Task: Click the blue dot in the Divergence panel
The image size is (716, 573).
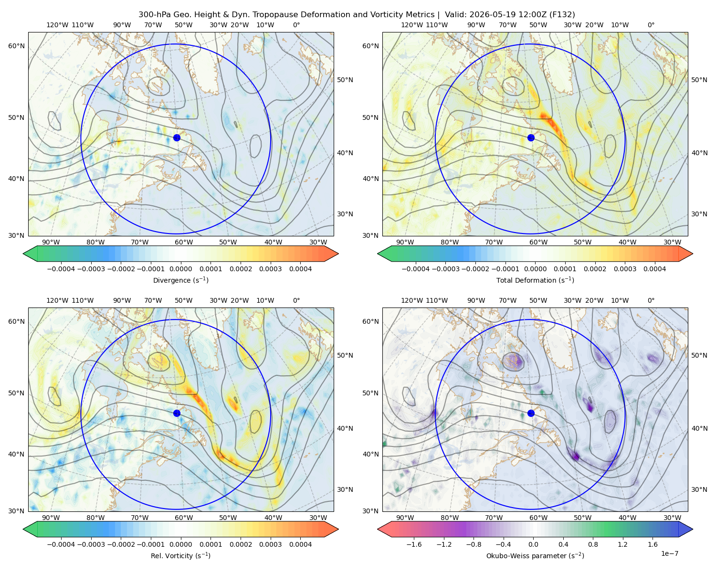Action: pyautogui.click(x=177, y=138)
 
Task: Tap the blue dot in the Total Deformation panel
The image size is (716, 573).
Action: pyautogui.click(x=531, y=138)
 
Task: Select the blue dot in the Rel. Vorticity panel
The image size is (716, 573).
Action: pyautogui.click(x=177, y=413)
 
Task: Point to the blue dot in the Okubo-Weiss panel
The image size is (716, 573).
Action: pyautogui.click(x=531, y=413)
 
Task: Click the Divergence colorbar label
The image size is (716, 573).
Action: pyautogui.click(x=180, y=280)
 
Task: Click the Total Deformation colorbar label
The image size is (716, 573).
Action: pyautogui.click(x=535, y=280)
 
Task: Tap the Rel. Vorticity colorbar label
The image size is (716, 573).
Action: pyautogui.click(x=180, y=556)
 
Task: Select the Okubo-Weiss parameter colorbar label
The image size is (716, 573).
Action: pyautogui.click(x=535, y=556)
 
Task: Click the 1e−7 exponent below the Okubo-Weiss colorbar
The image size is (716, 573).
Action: pyautogui.click(x=669, y=553)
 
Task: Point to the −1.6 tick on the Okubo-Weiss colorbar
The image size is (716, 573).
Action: pyautogui.click(x=414, y=544)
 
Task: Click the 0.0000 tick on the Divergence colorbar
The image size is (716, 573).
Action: pyautogui.click(x=180, y=269)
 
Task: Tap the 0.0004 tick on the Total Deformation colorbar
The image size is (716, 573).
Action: pyautogui.click(x=655, y=269)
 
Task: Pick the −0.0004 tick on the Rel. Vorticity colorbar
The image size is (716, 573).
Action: pyautogui.click(x=61, y=544)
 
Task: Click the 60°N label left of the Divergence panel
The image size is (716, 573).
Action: pyautogui.click(x=16, y=46)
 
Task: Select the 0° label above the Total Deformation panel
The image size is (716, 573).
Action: pyautogui.click(x=651, y=25)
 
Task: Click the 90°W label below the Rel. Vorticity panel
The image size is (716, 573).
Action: pyautogui.click(x=51, y=518)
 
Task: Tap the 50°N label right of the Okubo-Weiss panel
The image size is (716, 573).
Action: pyautogui.click(x=699, y=355)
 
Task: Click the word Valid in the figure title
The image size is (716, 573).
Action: pyautogui.click(x=455, y=15)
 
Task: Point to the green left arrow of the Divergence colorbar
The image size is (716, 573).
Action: pyautogui.click(x=30, y=254)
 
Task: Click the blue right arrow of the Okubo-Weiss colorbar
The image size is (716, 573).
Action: pyautogui.click(x=686, y=529)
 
